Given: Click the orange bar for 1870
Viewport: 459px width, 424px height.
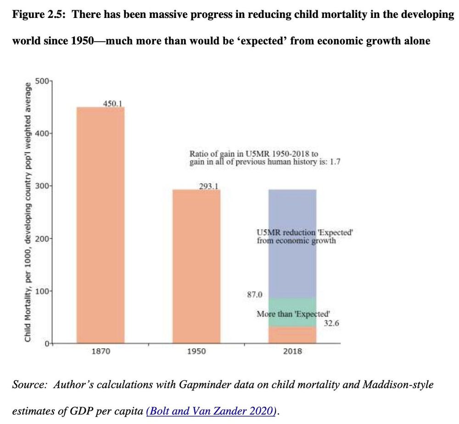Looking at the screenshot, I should (x=100, y=225).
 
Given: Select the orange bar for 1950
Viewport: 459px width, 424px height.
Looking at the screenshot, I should (x=196, y=266).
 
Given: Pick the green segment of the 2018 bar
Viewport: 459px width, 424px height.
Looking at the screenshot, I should (x=292, y=306).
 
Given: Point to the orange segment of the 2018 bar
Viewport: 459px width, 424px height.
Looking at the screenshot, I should (x=292, y=335).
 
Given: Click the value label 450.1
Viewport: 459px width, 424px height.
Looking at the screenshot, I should (x=112, y=103).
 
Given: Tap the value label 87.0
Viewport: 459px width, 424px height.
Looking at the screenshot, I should (x=255, y=294).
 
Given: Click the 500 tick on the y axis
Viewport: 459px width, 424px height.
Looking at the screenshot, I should (x=42, y=81).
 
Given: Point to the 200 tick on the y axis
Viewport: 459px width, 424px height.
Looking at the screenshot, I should (x=42, y=239).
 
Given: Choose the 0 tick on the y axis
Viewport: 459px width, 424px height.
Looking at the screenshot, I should (x=46, y=343).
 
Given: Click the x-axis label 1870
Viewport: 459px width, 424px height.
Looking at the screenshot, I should (x=101, y=351).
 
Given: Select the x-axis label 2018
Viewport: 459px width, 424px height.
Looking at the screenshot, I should (x=292, y=351).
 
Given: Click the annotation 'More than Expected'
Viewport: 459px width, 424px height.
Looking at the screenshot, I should (x=293, y=314).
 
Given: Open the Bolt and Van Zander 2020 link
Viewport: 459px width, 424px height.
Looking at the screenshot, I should (x=211, y=412).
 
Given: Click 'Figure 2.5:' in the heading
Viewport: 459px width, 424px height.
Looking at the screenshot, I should (x=39, y=14).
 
